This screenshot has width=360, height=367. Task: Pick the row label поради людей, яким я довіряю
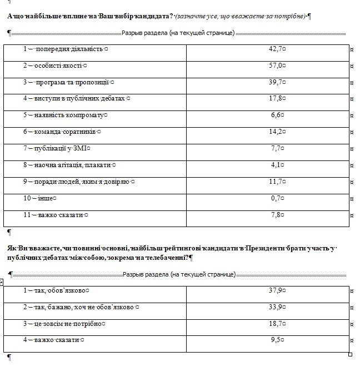pos(78,182)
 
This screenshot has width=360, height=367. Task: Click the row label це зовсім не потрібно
pos(64,324)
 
